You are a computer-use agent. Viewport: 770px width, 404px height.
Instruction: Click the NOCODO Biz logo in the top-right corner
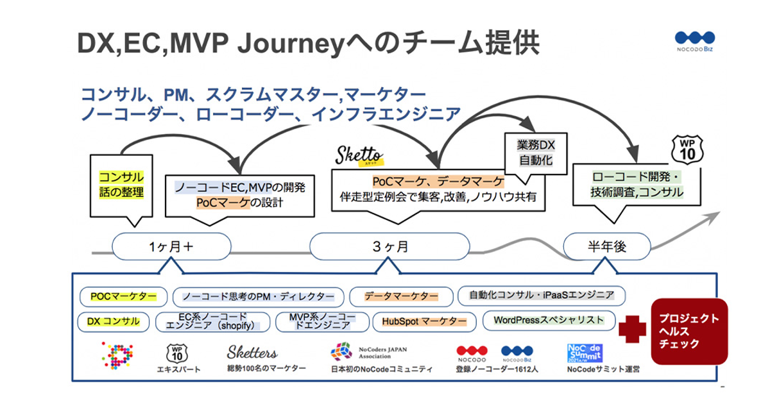point(694,42)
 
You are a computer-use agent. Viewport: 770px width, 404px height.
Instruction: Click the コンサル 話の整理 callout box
point(121,184)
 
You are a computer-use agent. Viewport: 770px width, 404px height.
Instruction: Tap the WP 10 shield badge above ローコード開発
point(688,149)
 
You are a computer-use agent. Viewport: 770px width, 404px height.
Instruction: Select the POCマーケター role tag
point(123,296)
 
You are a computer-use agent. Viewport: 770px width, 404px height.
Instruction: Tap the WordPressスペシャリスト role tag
point(549,319)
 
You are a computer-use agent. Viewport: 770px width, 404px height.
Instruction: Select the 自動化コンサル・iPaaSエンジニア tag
point(542,296)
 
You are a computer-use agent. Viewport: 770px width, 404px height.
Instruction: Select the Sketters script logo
point(252,353)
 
